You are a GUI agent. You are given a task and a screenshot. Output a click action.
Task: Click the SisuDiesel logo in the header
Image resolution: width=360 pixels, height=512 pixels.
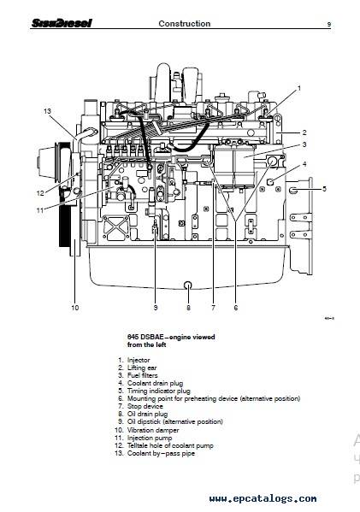[62, 23]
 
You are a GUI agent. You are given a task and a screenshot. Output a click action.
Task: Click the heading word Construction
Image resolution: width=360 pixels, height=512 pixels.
[184, 24]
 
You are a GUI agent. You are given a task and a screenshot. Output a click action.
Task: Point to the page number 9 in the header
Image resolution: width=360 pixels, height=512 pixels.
[329, 24]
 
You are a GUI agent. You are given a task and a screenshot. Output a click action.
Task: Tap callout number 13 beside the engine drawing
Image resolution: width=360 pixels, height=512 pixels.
[47, 111]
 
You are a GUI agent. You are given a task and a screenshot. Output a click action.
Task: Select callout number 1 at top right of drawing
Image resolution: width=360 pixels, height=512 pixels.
[299, 88]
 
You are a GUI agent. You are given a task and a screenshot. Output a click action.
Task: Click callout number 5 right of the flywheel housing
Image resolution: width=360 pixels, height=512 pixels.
[324, 189]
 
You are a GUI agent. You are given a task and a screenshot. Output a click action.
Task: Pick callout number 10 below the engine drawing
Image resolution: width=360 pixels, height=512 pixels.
[74, 308]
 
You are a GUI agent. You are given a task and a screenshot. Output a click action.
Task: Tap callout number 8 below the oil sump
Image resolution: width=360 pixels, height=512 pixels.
[188, 308]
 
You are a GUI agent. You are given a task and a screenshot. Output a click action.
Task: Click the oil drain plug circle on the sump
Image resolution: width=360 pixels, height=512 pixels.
[188, 285]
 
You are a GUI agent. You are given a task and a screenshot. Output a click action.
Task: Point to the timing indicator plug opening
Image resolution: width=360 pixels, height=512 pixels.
[293, 190]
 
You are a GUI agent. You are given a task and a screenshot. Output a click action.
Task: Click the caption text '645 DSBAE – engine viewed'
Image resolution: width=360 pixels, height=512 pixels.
[171, 337]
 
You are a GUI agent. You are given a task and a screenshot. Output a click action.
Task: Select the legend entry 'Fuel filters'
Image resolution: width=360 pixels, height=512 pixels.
[143, 375]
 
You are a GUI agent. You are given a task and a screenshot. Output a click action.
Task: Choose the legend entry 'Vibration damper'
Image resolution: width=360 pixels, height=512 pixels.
[153, 430]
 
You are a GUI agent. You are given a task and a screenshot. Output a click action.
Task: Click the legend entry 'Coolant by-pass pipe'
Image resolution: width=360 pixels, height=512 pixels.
[161, 454]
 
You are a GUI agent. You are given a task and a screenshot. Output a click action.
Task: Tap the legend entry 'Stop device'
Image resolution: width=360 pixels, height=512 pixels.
[145, 407]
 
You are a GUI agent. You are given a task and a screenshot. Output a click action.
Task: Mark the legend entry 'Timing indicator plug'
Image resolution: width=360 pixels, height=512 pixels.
[158, 391]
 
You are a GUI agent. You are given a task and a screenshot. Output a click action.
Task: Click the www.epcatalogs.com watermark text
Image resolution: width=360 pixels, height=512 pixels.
[263, 498]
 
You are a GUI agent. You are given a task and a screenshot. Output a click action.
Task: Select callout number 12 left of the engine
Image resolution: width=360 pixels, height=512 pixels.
[40, 193]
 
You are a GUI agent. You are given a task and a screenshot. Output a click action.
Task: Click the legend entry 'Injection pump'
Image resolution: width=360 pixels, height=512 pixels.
[150, 438]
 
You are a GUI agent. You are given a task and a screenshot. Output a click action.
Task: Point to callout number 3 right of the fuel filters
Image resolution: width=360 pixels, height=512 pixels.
[304, 144]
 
